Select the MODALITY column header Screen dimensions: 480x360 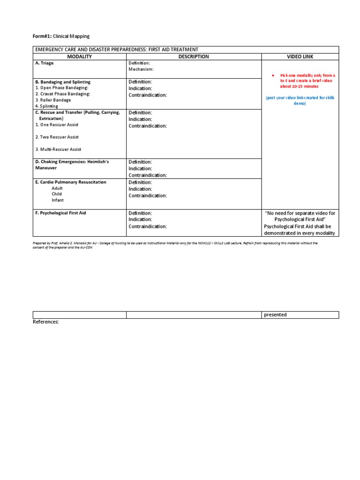point(79,57)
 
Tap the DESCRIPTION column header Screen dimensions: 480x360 point(194,57)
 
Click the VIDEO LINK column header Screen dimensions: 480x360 point(300,57)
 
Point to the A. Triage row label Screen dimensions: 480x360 point(45,63)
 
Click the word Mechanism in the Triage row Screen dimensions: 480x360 point(141,69)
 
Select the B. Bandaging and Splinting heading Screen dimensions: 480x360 point(63,82)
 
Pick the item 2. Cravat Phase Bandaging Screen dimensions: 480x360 point(62,94)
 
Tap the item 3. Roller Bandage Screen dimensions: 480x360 point(53,100)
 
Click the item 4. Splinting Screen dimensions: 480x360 point(47,106)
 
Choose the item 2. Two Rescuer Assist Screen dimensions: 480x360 point(57,137)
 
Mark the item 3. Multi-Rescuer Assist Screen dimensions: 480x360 point(58,150)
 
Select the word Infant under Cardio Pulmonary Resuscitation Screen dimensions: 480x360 point(58,200)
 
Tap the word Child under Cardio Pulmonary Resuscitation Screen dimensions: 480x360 point(57,194)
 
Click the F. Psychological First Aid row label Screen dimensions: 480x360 point(60,213)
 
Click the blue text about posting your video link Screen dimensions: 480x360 point(300,100)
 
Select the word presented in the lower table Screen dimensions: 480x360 point(275,315)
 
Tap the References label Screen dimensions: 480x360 point(46,322)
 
